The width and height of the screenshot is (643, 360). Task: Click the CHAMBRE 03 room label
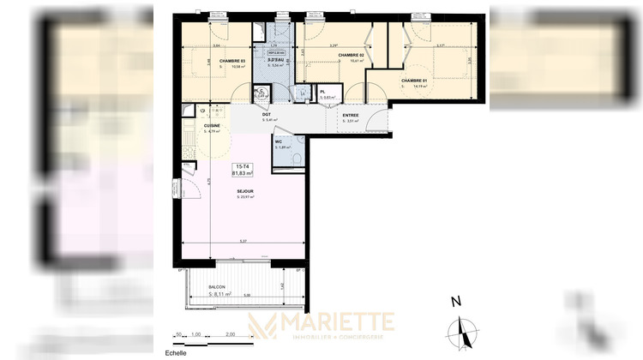click(x=231, y=61)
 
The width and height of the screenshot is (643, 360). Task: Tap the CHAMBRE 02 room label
click(x=351, y=55)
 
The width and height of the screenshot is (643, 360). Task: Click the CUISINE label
click(x=212, y=126)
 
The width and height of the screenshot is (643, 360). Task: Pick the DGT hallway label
click(x=267, y=114)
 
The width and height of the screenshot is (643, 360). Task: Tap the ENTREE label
click(x=351, y=115)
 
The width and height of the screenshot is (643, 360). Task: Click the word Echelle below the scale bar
click(x=174, y=352)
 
